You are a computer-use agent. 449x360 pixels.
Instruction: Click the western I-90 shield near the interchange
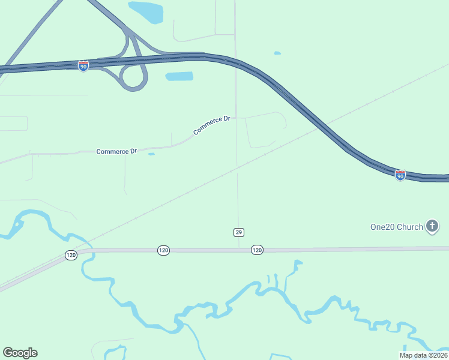pyautogui.click(x=83, y=66)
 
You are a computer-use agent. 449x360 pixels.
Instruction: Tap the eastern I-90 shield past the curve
pyautogui.click(x=400, y=175)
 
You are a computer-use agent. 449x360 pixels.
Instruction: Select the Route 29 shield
pyautogui.click(x=239, y=232)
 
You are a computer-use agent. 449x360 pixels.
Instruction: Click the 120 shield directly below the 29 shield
pyautogui.click(x=257, y=250)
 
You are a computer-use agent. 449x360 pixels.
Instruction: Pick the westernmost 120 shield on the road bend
pyautogui.click(x=71, y=256)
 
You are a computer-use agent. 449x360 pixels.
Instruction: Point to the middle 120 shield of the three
pyautogui.click(x=163, y=250)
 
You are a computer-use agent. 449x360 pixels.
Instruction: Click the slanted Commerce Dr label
pyautogui.click(x=212, y=125)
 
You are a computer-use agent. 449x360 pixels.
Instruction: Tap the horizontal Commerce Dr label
pyautogui.click(x=116, y=151)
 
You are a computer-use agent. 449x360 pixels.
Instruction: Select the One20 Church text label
pyautogui.click(x=396, y=227)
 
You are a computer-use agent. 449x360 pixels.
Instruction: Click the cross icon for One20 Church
pyautogui.click(x=432, y=226)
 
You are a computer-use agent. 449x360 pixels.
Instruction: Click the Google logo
pyautogui.click(x=20, y=353)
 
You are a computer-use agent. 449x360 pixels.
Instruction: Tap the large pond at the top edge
pyautogui.click(x=146, y=11)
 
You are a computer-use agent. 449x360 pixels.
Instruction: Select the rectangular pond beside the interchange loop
pyautogui.click(x=179, y=76)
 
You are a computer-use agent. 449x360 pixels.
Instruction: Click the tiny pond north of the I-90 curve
pyautogui.click(x=277, y=53)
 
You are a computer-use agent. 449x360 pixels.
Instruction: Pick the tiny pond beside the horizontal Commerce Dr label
pyautogui.click(x=151, y=154)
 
